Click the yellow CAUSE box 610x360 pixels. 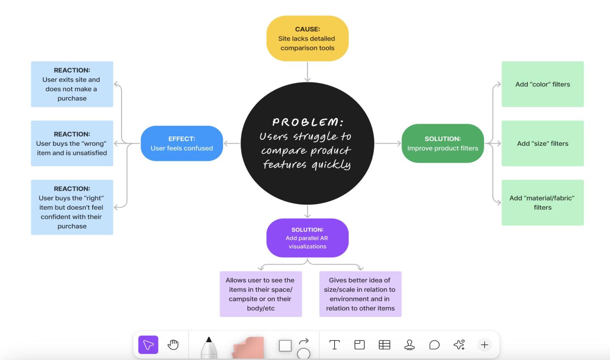click(x=307, y=39)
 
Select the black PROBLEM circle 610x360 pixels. click(x=307, y=143)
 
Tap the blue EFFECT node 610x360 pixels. click(x=182, y=144)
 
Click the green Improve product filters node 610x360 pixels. click(x=442, y=144)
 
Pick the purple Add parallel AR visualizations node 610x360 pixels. click(x=307, y=238)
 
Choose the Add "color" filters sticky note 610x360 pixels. click(x=542, y=84)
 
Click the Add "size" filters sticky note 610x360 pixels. click(x=542, y=144)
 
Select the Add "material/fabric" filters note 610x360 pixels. click(x=542, y=202)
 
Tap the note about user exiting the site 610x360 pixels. click(x=72, y=84)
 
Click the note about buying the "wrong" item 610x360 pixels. click(x=72, y=144)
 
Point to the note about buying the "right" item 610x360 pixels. click(x=72, y=207)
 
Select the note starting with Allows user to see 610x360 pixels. click(x=261, y=294)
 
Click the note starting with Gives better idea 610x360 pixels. click(x=360, y=294)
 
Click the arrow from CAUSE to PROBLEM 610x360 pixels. click(x=308, y=71)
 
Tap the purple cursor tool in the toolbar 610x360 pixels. click(x=148, y=345)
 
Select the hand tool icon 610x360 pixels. click(x=173, y=345)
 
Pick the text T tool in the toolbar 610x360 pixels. click(x=334, y=345)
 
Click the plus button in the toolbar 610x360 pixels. click(x=484, y=345)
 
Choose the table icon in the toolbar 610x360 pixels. click(x=384, y=345)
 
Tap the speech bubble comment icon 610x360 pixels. click(x=434, y=345)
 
